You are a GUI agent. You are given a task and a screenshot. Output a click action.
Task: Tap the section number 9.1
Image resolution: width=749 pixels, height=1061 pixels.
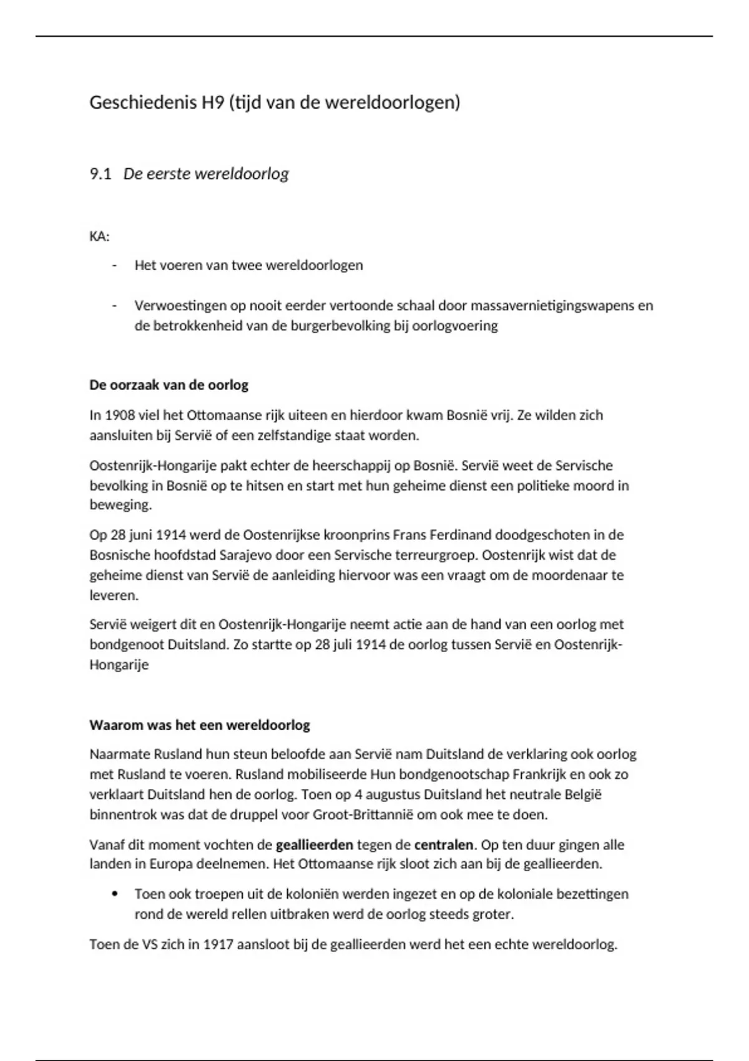[x=100, y=174]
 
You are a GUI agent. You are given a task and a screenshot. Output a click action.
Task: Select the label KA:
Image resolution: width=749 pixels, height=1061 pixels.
[x=99, y=237]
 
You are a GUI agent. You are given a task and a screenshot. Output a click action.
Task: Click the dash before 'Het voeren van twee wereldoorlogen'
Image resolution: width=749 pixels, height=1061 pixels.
[x=114, y=266]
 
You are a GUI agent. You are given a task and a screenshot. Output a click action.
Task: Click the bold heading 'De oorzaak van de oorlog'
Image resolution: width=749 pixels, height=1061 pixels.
[x=169, y=385]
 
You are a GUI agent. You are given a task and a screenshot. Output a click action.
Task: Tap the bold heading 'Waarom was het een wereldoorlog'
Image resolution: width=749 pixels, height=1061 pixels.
[x=200, y=725]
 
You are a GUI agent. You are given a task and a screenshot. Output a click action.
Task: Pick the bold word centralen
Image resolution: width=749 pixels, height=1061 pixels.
[x=443, y=845]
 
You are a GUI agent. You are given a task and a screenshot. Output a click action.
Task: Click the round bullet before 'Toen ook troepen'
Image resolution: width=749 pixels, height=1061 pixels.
[x=114, y=894]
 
